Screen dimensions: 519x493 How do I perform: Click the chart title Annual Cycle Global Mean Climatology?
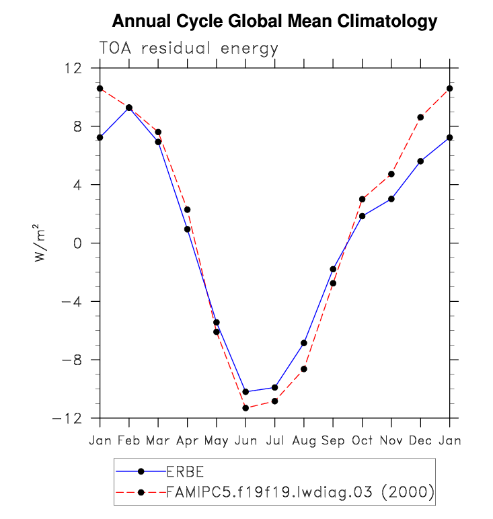274,22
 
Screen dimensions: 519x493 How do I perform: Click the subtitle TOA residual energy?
188,49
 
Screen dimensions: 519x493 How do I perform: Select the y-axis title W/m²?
42,243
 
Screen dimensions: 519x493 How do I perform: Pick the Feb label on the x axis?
128,440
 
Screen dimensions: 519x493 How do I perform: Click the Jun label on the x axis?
245,440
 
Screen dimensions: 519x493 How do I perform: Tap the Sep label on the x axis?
333,440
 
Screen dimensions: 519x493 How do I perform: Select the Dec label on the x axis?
420,440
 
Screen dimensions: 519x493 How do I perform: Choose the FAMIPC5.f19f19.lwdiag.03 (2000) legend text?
300,492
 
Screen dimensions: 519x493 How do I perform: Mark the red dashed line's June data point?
245,408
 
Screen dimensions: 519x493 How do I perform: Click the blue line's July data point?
274,387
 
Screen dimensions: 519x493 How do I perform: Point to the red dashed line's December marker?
420,117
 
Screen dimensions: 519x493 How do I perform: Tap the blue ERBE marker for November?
391,199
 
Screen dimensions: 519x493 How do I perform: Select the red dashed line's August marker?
304,369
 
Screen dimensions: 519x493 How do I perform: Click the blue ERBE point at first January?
100,137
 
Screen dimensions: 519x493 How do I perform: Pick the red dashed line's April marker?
187,210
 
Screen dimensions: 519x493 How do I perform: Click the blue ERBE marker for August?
304,343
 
